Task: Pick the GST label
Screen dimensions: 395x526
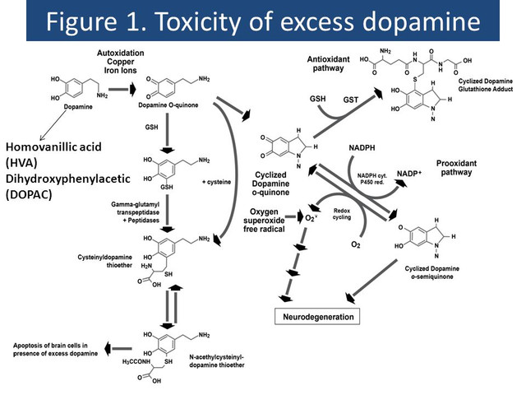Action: [x=349, y=98]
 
